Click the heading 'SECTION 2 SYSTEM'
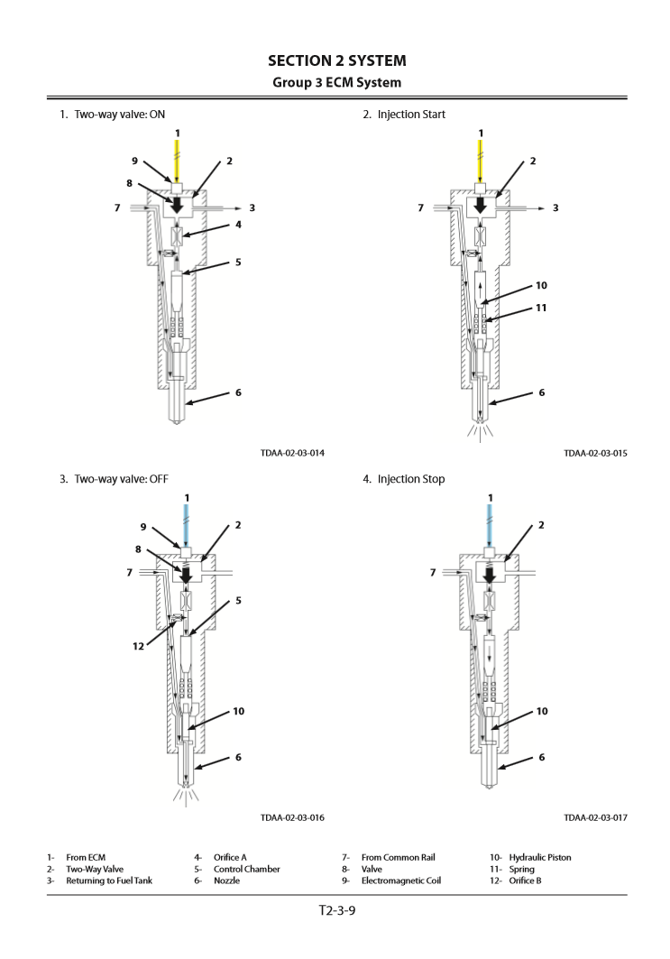(336, 60)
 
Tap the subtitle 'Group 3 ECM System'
(336, 83)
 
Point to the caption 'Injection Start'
(410, 115)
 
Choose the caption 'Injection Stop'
(410, 478)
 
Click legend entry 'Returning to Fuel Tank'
(109, 881)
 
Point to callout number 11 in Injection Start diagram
(541, 308)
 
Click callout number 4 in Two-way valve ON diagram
(238, 226)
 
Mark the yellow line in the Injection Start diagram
(481, 161)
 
